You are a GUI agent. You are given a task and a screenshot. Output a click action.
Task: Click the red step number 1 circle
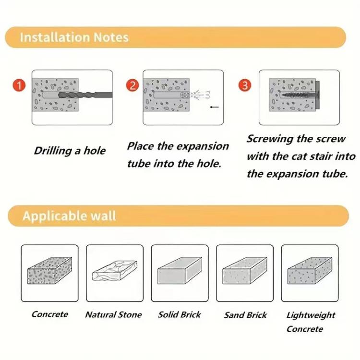tap(19, 87)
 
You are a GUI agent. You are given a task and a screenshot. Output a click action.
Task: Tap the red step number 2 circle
tap(132, 87)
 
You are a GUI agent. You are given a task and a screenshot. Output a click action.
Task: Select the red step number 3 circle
tap(245, 86)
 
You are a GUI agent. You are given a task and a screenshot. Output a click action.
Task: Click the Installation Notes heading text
tap(74, 37)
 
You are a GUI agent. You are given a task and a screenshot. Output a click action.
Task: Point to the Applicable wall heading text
tap(69, 216)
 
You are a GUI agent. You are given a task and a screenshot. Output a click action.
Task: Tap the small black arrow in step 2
tap(215, 107)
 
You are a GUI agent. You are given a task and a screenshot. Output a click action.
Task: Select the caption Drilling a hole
tap(70, 151)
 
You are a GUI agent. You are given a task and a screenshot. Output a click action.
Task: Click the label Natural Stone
tap(113, 315)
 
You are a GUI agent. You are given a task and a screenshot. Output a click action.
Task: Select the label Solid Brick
tap(179, 315)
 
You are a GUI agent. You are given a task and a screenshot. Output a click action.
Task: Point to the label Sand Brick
tap(245, 315)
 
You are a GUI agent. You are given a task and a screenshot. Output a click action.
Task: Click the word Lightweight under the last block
tap(311, 315)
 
